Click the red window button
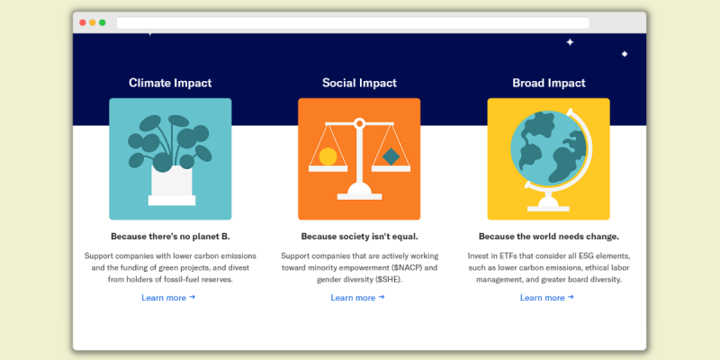pos(83,22)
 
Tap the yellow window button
pos(93,22)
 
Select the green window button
pos(102,22)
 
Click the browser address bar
pos(353,23)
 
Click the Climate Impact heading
pos(170,83)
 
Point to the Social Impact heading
pos(359,83)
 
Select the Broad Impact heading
pos(549,83)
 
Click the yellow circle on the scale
pos(328,157)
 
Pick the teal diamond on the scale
pos(391,157)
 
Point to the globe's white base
pos(548,204)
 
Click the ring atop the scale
pos(359,123)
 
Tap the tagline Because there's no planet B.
pos(170,237)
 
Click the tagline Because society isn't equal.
pos(359,237)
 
